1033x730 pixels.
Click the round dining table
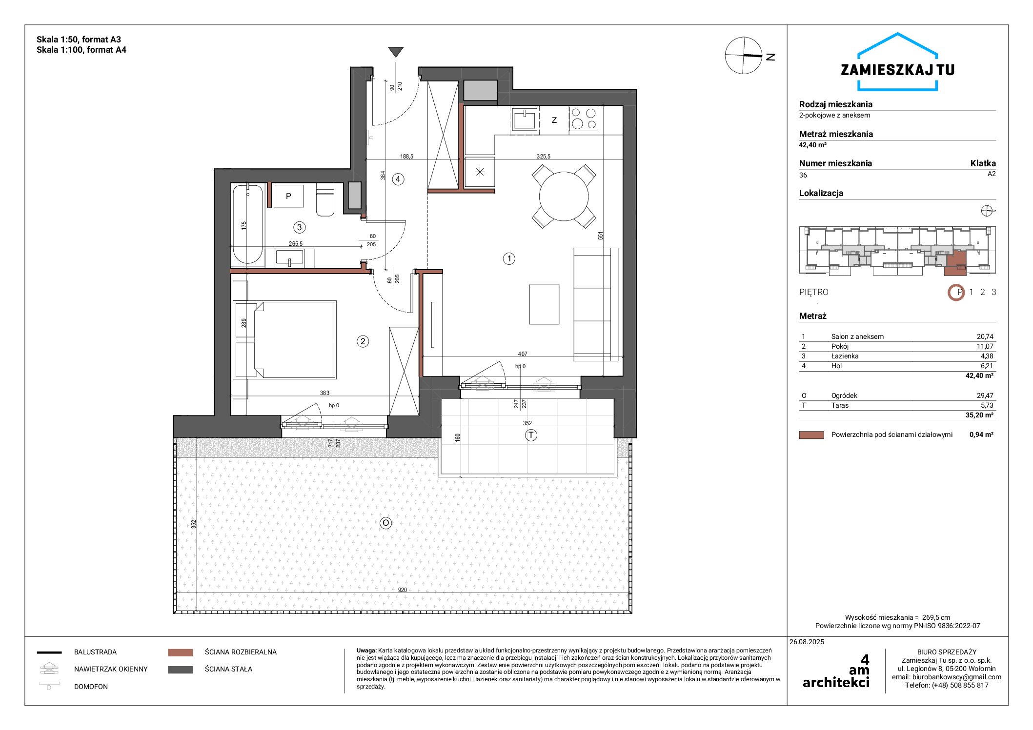(x=564, y=196)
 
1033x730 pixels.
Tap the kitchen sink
(x=525, y=119)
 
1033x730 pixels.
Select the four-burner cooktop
(x=584, y=119)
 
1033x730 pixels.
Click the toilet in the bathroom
(x=325, y=199)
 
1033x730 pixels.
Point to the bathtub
(x=247, y=224)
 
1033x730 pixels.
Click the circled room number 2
(x=363, y=341)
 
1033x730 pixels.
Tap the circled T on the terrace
(x=531, y=435)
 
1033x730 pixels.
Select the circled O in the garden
(x=385, y=523)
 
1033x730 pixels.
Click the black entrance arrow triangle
(x=396, y=52)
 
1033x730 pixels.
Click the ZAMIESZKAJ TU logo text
(x=897, y=70)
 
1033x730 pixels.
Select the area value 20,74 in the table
(x=985, y=336)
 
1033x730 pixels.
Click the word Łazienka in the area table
(x=845, y=356)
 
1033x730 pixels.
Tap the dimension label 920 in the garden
(x=402, y=590)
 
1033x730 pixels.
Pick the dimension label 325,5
(x=544, y=157)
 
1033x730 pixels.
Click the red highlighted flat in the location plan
(x=955, y=264)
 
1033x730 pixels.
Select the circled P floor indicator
(x=956, y=293)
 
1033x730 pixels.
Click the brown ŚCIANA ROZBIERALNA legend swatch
(x=180, y=652)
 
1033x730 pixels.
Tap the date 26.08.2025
(x=807, y=642)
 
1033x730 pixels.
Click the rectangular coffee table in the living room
(x=544, y=305)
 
